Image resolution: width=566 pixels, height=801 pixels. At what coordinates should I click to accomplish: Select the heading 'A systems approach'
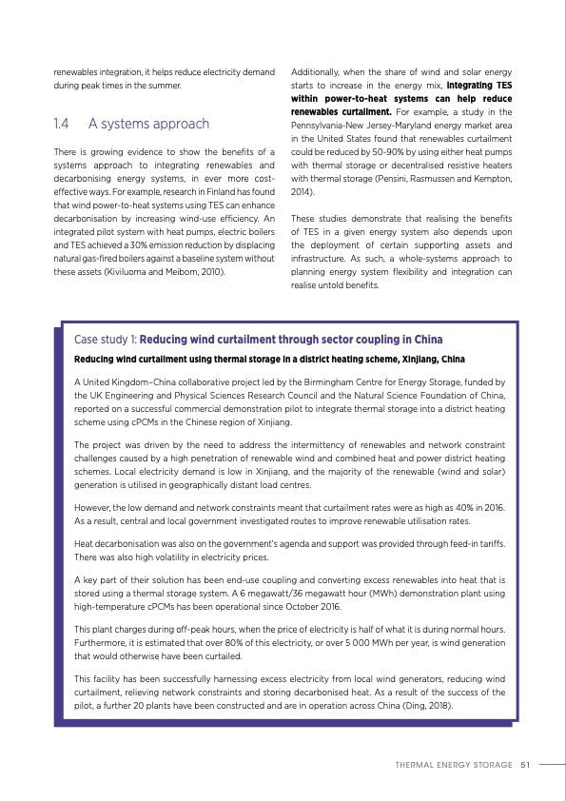click(x=148, y=124)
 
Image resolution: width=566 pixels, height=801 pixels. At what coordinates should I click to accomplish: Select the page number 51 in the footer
click(x=525, y=763)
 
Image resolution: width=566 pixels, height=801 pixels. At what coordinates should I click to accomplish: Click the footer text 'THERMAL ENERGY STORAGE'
click(x=452, y=763)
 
